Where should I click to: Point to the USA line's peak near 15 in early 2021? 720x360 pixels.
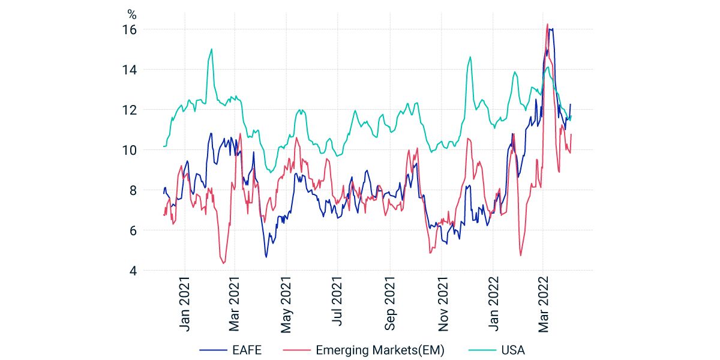click(211, 49)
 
